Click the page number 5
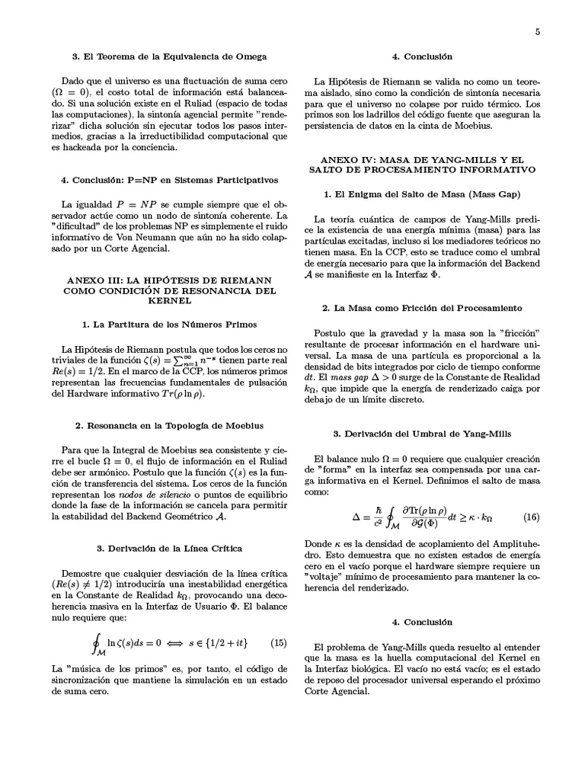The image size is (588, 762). (537, 31)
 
